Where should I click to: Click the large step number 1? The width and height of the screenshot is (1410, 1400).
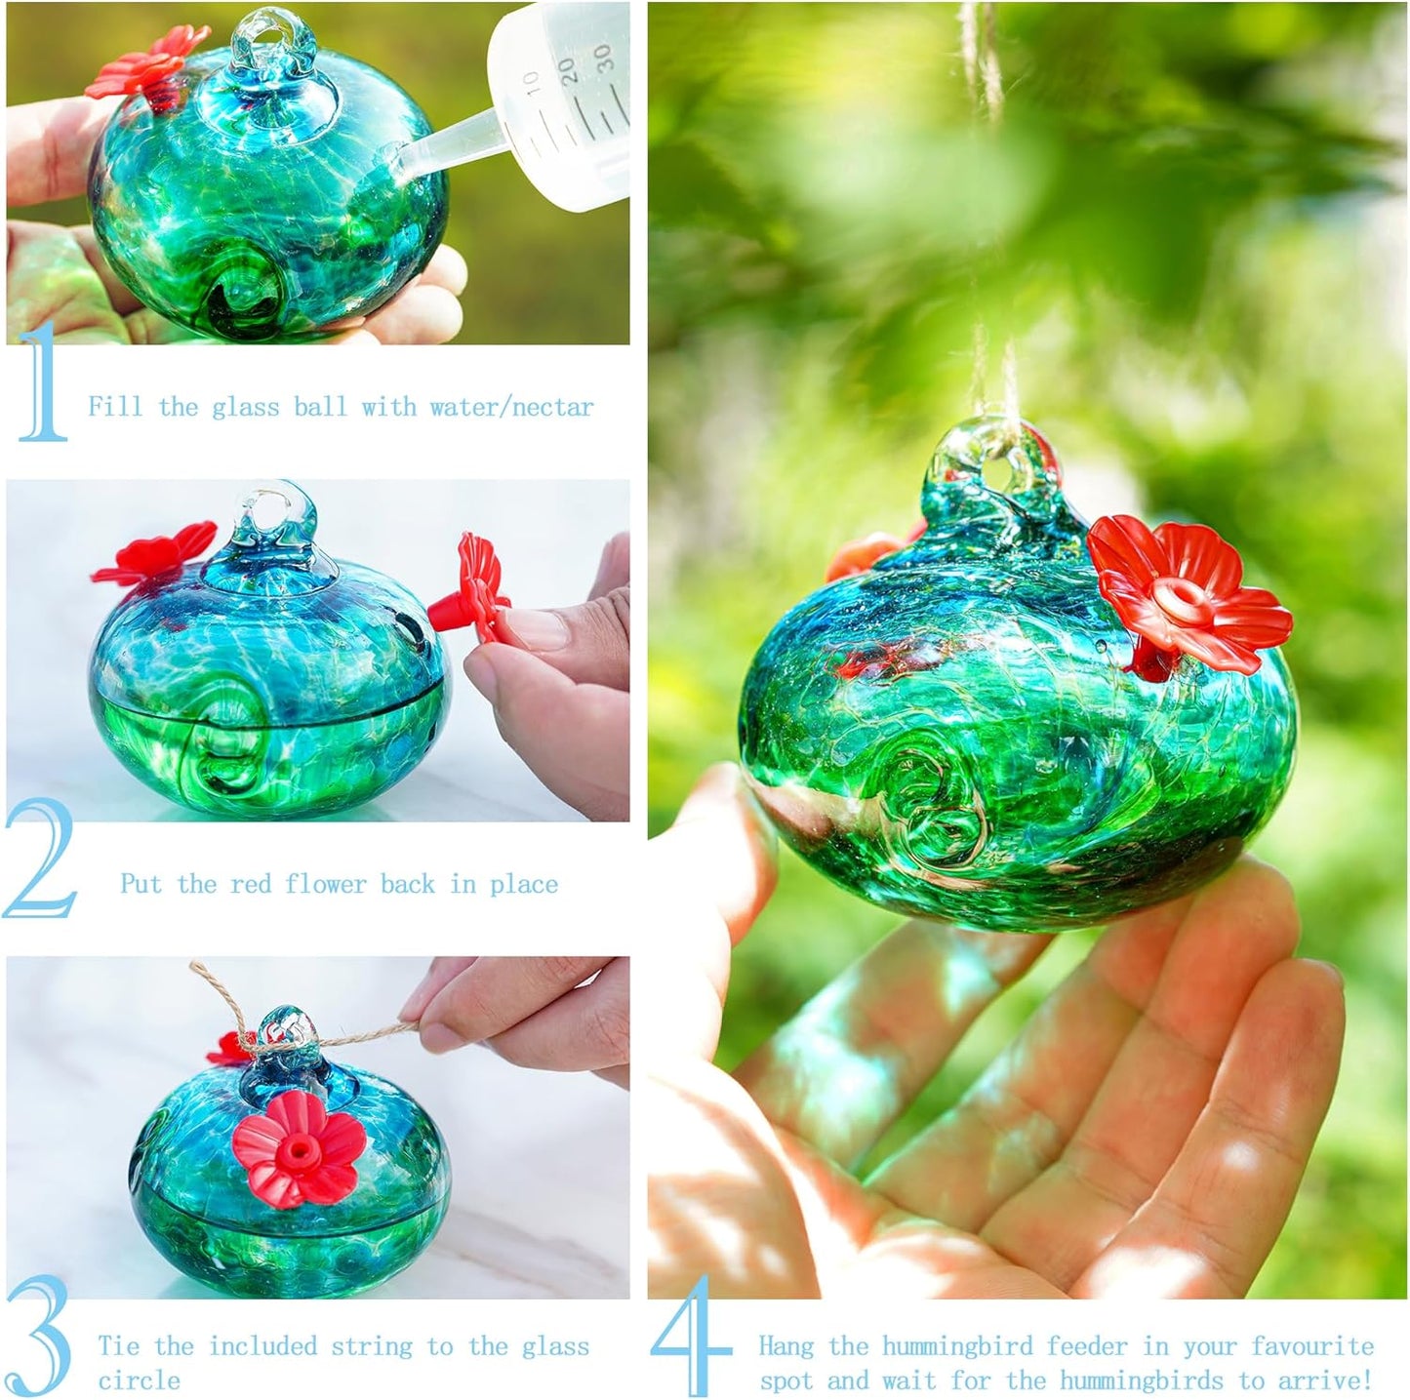pos(42,382)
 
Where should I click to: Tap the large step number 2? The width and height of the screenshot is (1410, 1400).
pos(41,859)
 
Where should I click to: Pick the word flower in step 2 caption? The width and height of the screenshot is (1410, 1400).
pos(325,884)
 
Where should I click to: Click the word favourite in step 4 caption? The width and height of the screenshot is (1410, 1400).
pos(1312,1346)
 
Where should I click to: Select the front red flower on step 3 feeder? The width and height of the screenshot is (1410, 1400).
pos(299,1148)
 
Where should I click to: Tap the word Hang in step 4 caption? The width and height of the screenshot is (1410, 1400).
pos(786,1346)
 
